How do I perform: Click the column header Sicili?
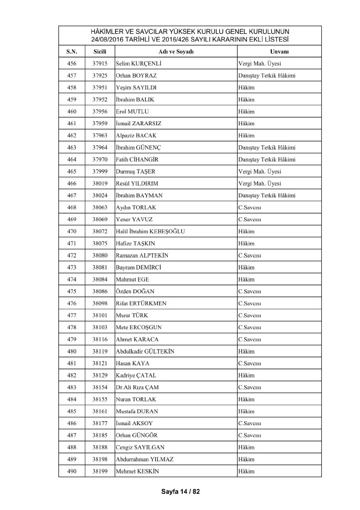100,51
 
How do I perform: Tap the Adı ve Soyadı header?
175,51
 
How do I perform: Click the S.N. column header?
71,51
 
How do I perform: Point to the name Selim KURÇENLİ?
142,63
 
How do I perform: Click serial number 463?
71,147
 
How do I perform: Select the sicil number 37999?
100,171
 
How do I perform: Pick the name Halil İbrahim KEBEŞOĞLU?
150,231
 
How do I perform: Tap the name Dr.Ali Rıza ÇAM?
138,387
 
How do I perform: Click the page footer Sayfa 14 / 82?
180,491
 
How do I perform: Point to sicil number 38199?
100,471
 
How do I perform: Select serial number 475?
71,291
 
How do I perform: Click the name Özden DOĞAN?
135,291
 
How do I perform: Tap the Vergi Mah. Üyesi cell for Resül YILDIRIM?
259,183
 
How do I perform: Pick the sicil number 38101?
100,315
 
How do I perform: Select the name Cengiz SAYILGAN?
140,447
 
